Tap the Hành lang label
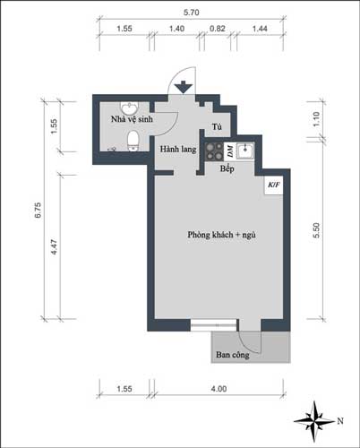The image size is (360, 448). point(177,149)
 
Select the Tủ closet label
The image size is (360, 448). point(217,127)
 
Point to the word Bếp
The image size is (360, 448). point(227,168)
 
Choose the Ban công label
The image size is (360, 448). point(232,355)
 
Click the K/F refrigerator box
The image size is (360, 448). point(272,185)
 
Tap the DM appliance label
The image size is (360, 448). point(229,149)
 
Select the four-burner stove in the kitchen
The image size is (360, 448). point(214,150)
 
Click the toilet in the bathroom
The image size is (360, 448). point(133,140)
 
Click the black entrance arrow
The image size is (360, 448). point(184,87)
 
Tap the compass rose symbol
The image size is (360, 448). point(318,418)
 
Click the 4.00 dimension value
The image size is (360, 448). point(219,389)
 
